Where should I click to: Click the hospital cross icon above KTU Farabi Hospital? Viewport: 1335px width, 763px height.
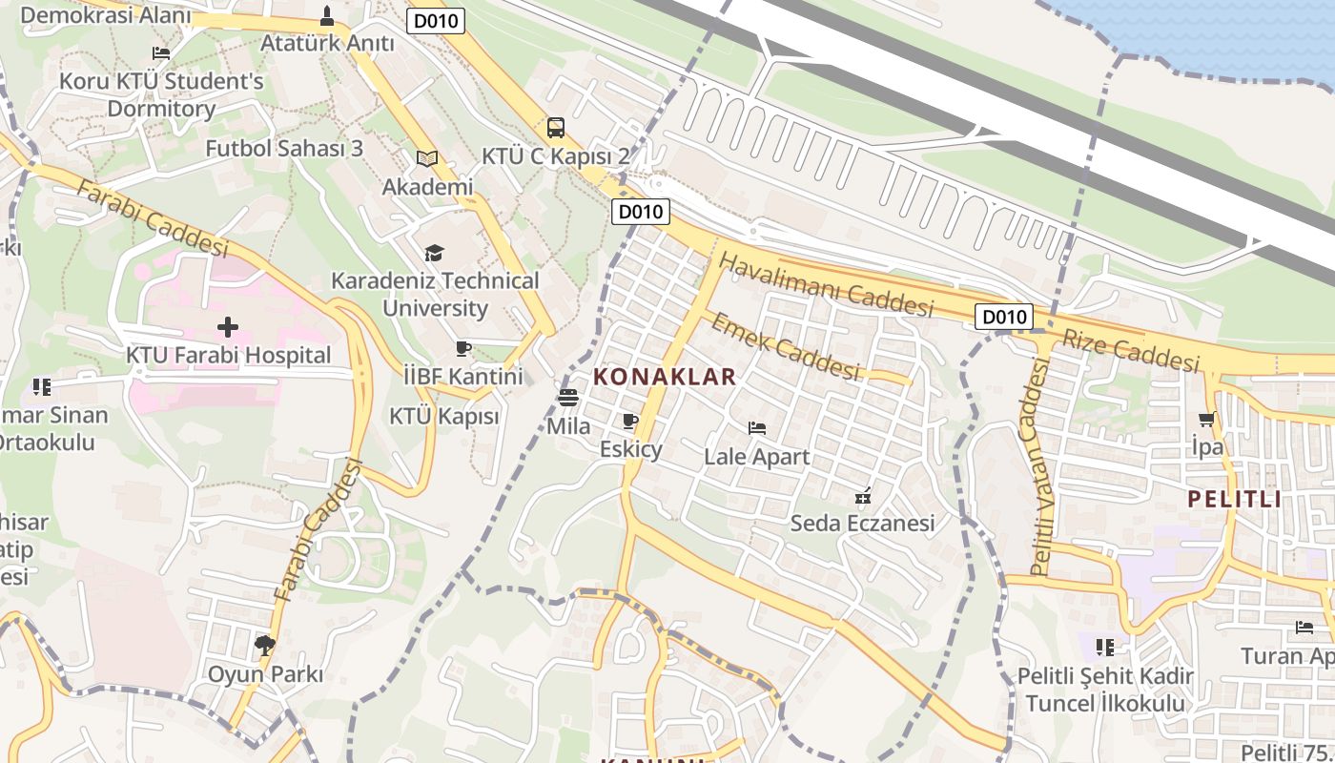coord(228,327)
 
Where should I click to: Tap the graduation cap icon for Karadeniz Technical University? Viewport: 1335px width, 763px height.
coord(435,253)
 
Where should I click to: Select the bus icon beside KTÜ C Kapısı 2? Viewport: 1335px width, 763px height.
coord(555,127)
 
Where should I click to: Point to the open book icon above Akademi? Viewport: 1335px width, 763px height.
coord(427,158)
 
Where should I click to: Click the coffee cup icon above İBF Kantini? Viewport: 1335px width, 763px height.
coord(463,348)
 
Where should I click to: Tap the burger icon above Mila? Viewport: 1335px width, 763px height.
coord(568,398)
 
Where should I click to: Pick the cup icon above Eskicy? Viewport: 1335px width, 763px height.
coord(629,421)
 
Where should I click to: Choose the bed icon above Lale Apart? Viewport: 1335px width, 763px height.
coord(757,428)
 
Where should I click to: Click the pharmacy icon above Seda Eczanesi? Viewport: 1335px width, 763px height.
coord(863,495)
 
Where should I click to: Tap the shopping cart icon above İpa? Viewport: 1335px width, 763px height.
coord(1207,419)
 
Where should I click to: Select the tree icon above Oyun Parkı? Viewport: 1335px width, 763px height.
coord(265,646)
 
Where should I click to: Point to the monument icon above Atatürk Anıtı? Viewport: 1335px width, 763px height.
coord(327,15)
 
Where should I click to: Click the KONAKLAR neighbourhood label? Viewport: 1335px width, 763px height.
coord(665,377)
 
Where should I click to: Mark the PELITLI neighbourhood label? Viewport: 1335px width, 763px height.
coord(1235,499)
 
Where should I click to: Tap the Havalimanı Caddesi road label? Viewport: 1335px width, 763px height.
coord(826,284)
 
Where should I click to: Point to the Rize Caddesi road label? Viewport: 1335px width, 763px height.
coord(1131,350)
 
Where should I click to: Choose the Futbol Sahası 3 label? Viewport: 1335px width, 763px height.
coord(284,148)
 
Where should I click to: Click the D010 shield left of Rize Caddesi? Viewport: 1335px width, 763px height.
coord(1004,317)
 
